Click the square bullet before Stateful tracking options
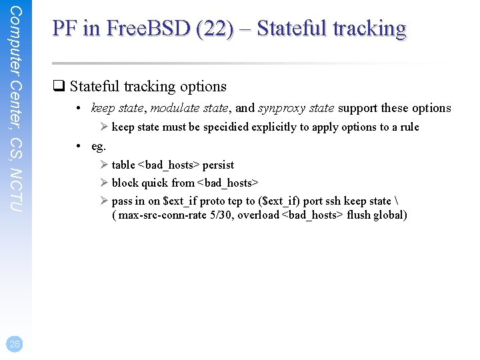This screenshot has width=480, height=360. pos(58,86)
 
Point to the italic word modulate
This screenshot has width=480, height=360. pos(171,108)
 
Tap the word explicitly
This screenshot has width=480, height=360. pos(274,127)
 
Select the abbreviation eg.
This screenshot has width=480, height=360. pos(99,145)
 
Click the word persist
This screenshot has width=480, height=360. pos(218,165)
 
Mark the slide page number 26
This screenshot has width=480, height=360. pos(15,343)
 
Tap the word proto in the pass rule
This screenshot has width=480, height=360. pos(212,201)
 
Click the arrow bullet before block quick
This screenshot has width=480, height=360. pos(105,183)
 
